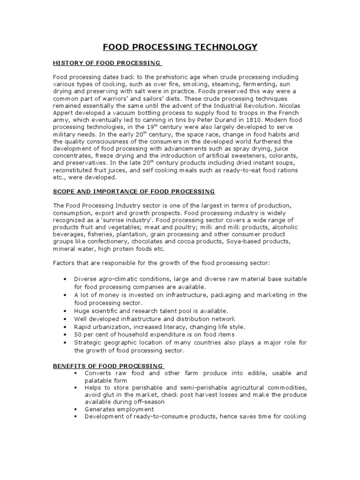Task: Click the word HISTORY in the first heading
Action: (x=66, y=63)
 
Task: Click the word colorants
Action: (x=287, y=156)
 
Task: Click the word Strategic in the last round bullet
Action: (x=88, y=343)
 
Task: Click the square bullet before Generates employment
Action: (x=75, y=409)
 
